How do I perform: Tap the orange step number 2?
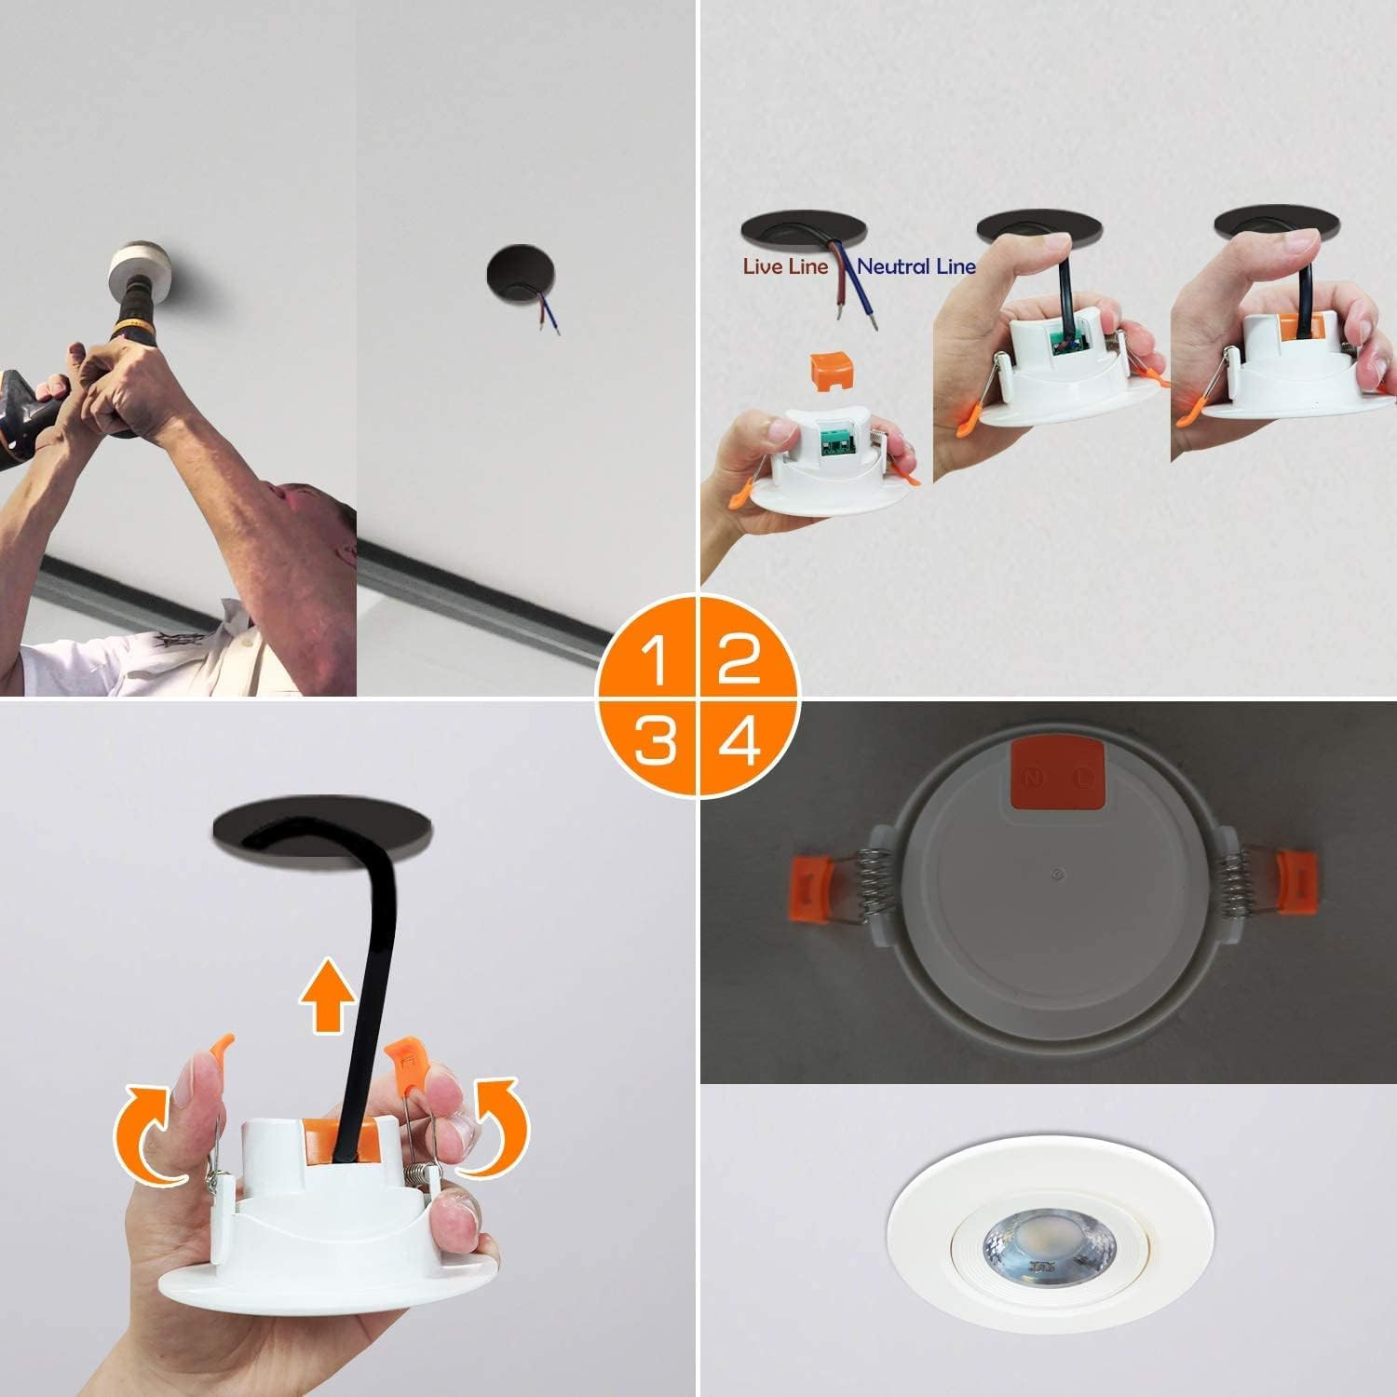pyautogui.click(x=739, y=659)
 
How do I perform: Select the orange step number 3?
pyautogui.click(x=655, y=741)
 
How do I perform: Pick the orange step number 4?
pyautogui.click(x=739, y=741)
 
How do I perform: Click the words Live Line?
pyautogui.click(x=785, y=266)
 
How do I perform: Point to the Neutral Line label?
pyautogui.click(x=916, y=266)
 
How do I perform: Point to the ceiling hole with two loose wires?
pyautogui.click(x=521, y=276)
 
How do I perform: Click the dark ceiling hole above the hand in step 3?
pyautogui.click(x=323, y=828)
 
